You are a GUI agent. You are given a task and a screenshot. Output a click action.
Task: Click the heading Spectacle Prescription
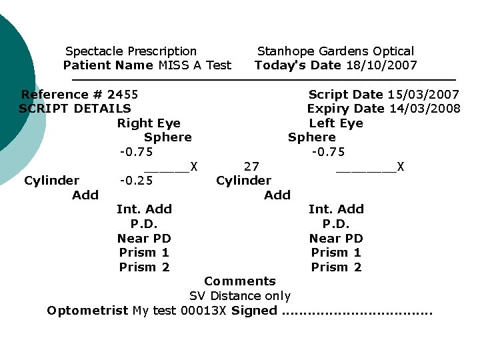click(x=131, y=51)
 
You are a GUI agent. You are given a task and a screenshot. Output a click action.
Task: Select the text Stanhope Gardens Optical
click(x=335, y=51)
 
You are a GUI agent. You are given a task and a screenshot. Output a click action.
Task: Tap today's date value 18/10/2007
click(x=382, y=65)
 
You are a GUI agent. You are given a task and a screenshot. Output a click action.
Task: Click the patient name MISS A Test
click(x=195, y=65)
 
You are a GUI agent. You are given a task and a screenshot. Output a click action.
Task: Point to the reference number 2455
click(x=123, y=95)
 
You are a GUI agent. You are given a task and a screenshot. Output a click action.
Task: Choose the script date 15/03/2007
click(x=423, y=95)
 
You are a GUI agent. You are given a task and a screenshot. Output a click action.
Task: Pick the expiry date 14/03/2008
click(x=424, y=109)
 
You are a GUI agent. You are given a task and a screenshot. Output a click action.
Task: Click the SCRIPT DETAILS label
click(x=75, y=109)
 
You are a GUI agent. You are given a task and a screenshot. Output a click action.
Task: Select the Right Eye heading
click(x=149, y=123)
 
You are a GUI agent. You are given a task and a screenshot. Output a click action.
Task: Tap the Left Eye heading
click(x=336, y=123)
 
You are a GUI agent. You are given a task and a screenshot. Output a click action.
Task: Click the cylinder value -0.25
click(x=136, y=181)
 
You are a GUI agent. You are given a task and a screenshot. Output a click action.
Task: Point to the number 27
click(x=251, y=166)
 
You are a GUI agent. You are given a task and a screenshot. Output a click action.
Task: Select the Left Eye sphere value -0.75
click(x=329, y=152)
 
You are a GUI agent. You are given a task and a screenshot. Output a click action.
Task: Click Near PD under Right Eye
click(x=144, y=239)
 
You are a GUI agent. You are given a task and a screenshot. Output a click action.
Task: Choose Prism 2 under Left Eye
click(x=336, y=267)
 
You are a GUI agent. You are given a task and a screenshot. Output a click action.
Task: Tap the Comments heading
click(x=240, y=281)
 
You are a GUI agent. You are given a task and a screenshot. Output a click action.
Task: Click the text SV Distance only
click(x=240, y=296)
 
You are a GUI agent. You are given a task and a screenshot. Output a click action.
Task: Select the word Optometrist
click(x=87, y=311)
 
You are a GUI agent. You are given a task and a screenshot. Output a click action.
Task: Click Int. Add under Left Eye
click(x=336, y=209)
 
